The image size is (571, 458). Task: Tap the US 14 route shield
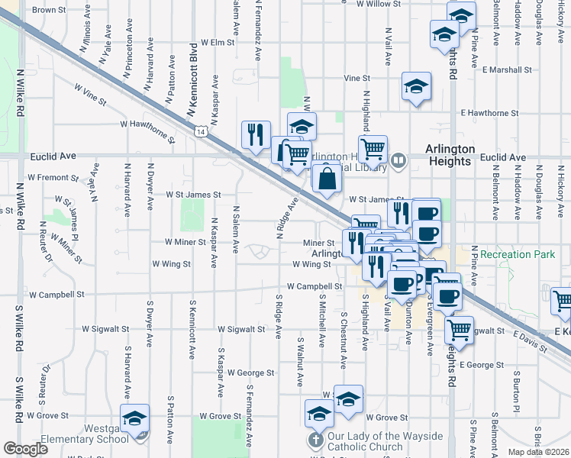point(199,132)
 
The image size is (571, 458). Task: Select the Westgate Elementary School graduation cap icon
point(135,420)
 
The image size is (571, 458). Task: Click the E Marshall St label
point(507,69)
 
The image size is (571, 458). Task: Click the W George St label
point(250,373)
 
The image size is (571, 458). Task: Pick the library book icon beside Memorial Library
point(398,160)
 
